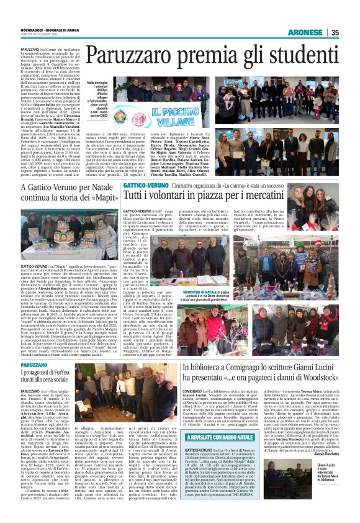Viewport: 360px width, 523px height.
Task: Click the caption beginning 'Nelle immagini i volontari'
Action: [x=96, y=100]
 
